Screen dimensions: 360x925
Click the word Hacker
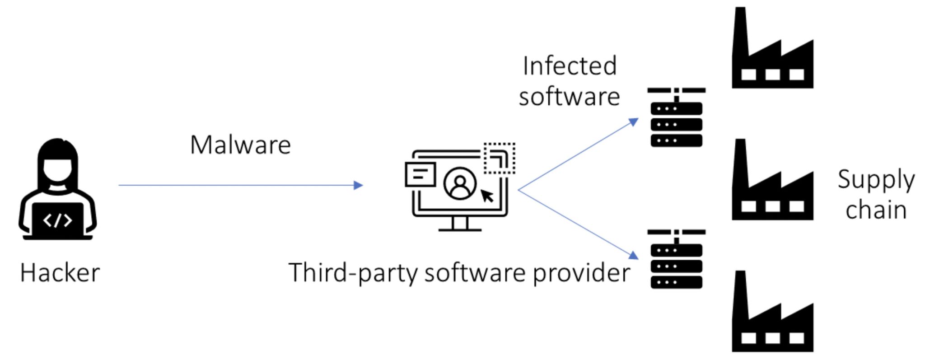pyautogui.click(x=60, y=273)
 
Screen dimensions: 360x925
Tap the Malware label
pyautogui.click(x=240, y=145)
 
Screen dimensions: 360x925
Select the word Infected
pyautogui.click(x=570, y=66)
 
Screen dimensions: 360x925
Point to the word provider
pyautogui.click(x=581, y=273)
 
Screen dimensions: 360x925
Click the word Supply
pyautogui.click(x=876, y=180)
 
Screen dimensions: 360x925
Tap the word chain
pyautogui.click(x=876, y=210)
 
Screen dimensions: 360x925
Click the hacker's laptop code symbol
pyautogui.click(x=57, y=220)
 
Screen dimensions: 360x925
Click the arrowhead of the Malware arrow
pyautogui.click(x=359, y=185)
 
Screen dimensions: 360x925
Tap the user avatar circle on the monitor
pyautogui.click(x=460, y=183)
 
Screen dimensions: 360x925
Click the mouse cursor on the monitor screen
pyautogui.click(x=487, y=196)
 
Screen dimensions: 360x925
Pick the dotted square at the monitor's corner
pyautogui.click(x=499, y=158)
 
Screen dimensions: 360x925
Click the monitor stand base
pyautogui.click(x=460, y=229)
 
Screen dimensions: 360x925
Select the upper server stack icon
pyautogui.click(x=676, y=117)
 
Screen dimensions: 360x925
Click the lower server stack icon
pyautogui.click(x=676, y=259)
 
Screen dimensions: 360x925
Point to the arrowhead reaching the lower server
pyautogui.click(x=634, y=255)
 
